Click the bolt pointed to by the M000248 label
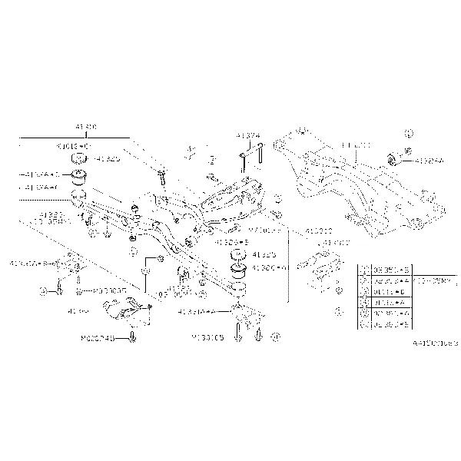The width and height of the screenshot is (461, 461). point(134,337)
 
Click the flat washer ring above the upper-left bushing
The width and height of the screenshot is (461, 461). point(77,160)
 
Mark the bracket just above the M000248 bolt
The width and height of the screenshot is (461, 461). point(127,310)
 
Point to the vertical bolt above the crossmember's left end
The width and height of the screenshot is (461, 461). point(162,177)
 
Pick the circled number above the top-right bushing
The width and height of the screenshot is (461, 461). point(409,133)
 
